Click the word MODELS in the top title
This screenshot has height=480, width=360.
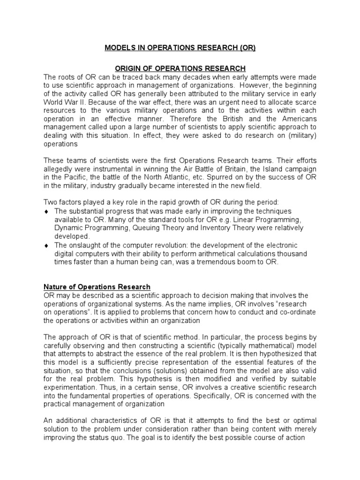click(119, 48)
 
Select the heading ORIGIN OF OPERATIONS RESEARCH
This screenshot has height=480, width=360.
click(180, 69)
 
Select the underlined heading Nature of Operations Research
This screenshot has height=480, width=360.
click(97, 287)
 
